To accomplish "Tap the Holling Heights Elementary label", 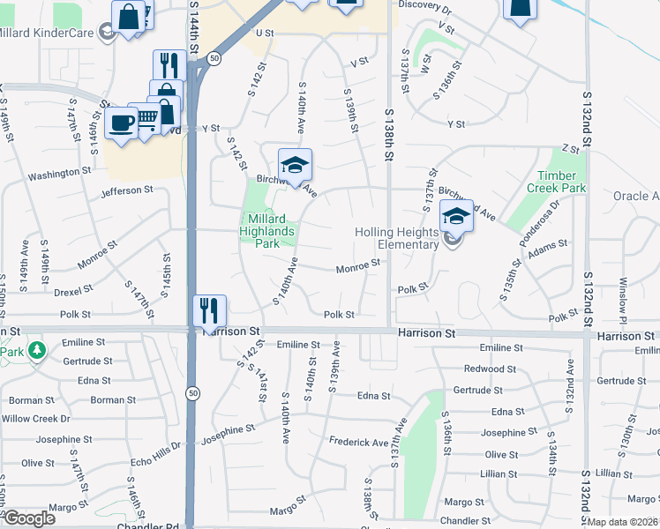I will (x=396, y=238).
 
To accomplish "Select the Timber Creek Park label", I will (x=556, y=182).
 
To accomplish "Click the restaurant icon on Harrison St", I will (x=210, y=310).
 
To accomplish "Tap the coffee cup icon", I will (x=120, y=121).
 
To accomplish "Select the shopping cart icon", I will (x=146, y=116).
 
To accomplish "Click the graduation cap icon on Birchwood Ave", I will (x=295, y=164).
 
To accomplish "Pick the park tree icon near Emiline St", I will (x=36, y=351).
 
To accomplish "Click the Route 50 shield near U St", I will (x=214, y=58).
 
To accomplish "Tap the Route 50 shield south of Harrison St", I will (x=193, y=392).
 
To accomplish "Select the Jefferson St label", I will (x=127, y=190).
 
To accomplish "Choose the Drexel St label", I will (x=72, y=290).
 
